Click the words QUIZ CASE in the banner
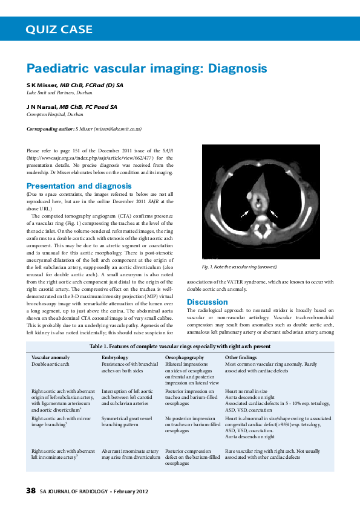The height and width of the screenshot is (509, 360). [59, 29]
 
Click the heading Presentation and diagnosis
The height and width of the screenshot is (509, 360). [79, 186]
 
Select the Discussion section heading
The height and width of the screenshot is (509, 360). [208, 302]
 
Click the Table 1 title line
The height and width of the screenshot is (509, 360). [180, 346]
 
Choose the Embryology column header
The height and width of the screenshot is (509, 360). [115, 358]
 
